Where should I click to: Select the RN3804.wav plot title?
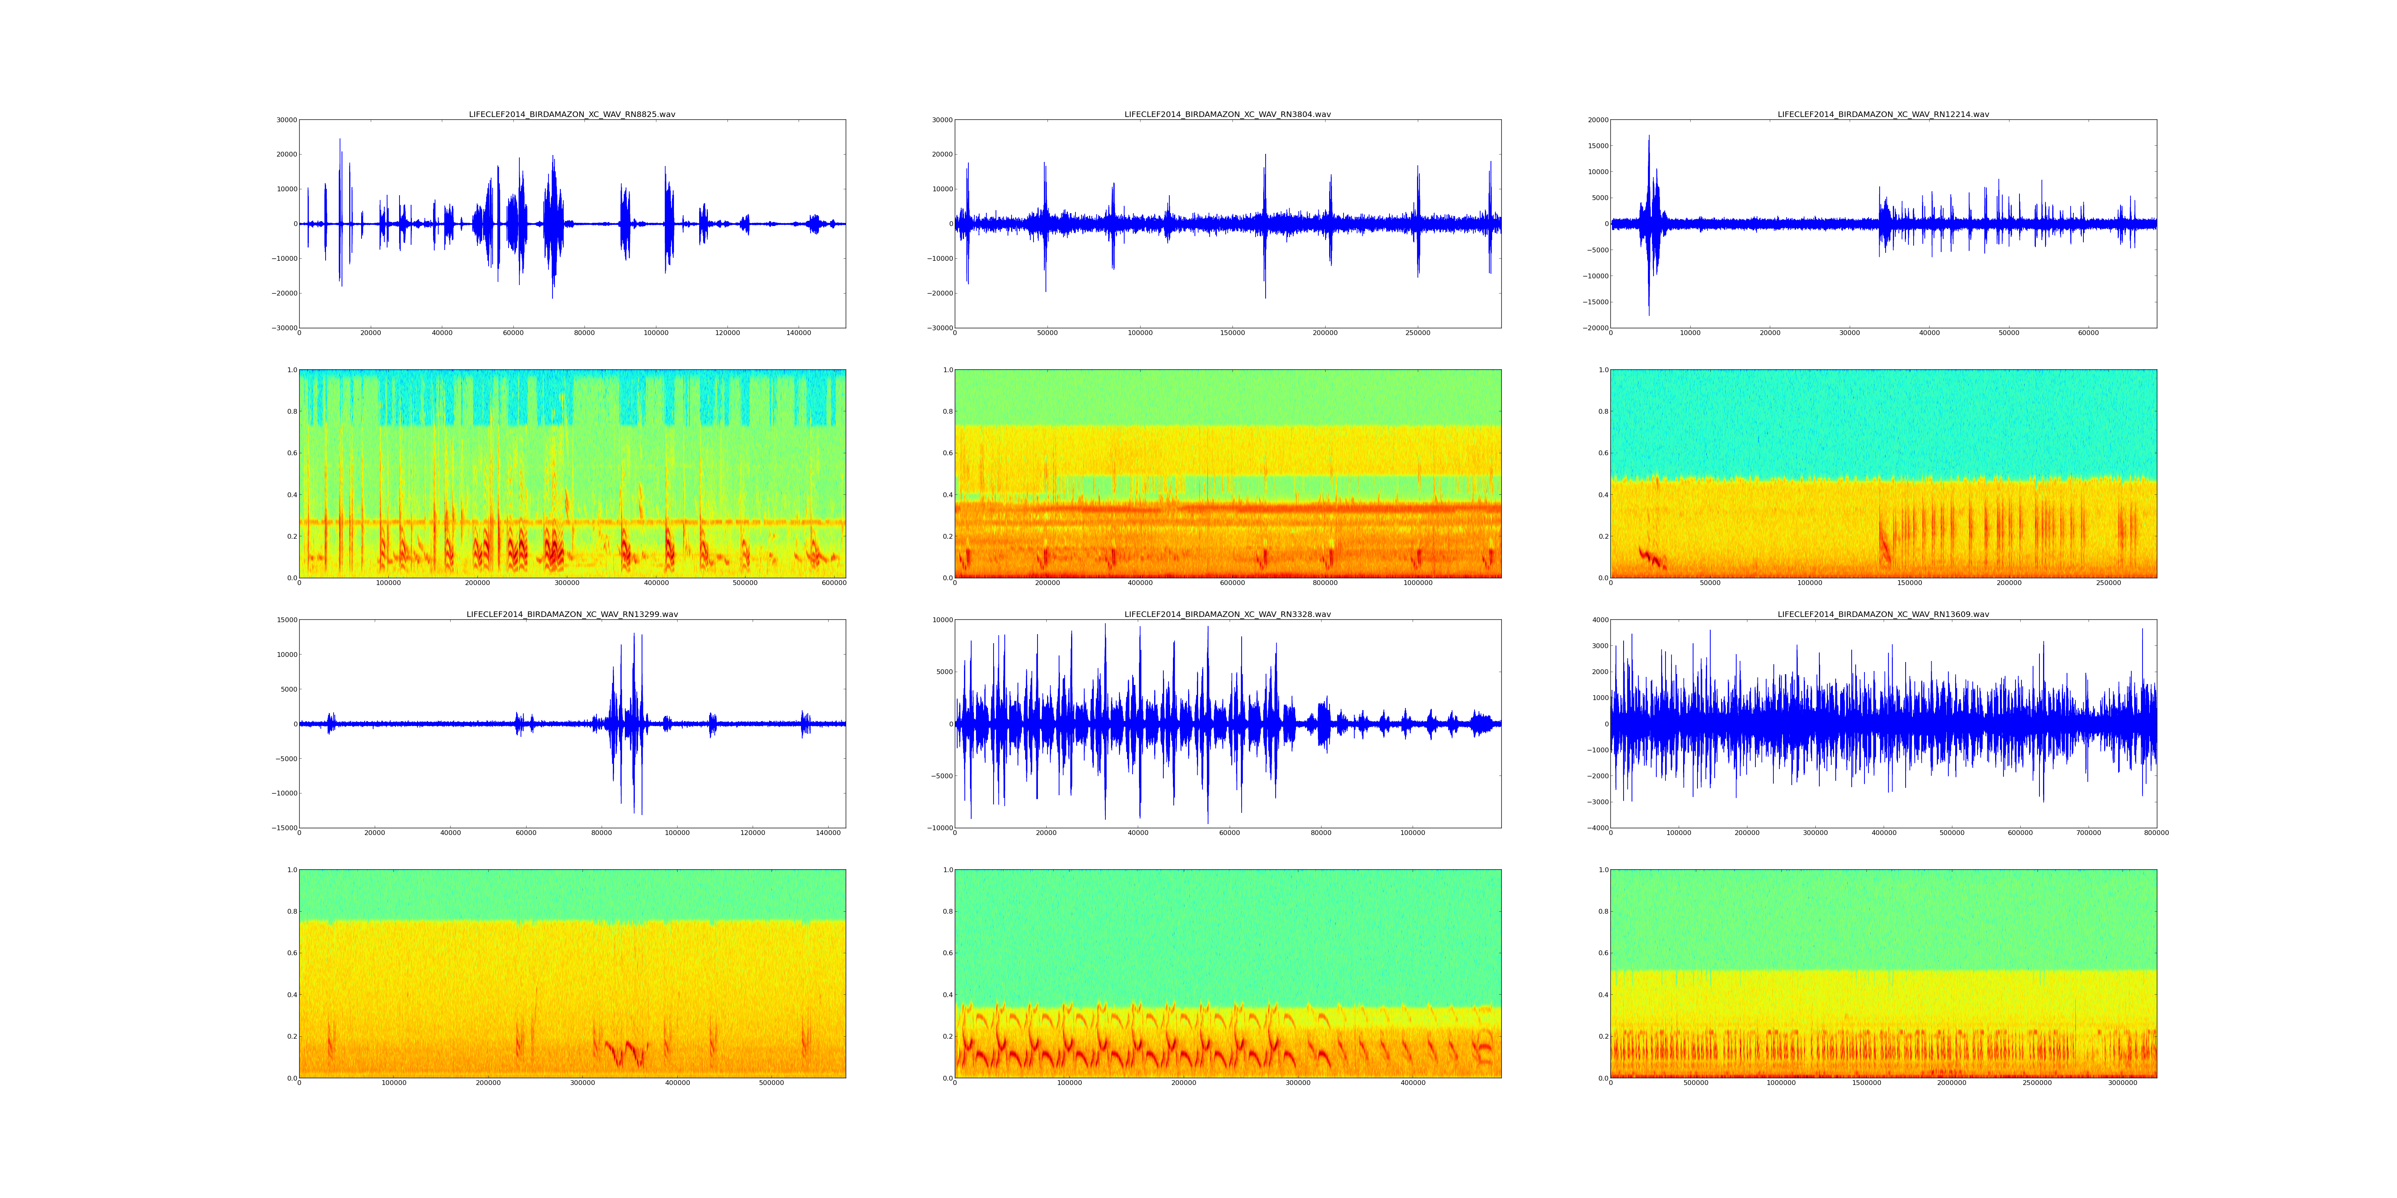tap(1227, 114)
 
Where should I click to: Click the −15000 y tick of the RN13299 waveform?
tap(284, 828)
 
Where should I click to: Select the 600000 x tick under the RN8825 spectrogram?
tap(834, 583)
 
